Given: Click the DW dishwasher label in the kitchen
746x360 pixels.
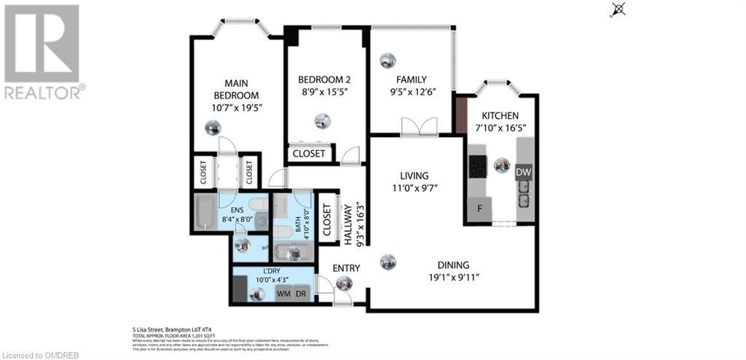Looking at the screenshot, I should (523, 172).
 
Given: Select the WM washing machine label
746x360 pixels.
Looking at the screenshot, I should (283, 294).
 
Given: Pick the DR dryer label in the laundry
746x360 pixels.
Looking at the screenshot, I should (301, 294).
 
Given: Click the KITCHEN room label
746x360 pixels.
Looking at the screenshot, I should (500, 116).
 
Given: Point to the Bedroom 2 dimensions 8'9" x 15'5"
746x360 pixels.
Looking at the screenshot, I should (323, 93).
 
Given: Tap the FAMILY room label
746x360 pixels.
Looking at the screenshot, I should (411, 80).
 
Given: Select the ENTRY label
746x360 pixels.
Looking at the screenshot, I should (347, 269).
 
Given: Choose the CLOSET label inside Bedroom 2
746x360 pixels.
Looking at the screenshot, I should (310, 154).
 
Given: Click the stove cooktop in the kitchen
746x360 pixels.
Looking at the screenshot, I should (477, 166).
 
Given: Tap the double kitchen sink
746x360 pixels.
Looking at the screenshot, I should (523, 192).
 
